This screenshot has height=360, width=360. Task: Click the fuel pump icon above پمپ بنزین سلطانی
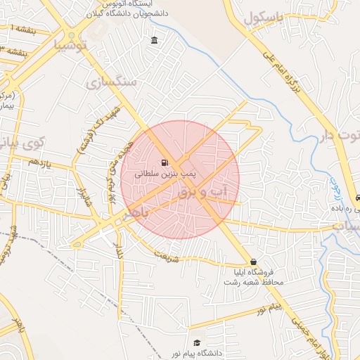tap(165, 161)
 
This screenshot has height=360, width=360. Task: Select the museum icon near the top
tap(154, 40)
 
